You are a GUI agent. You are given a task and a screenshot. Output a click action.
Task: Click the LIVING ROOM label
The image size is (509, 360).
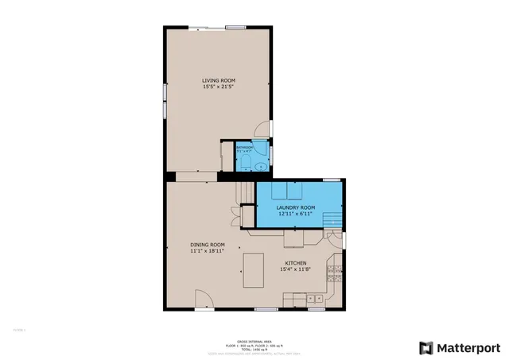click(216, 80)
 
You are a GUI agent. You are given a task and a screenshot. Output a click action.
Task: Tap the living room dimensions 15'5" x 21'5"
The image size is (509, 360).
click(216, 87)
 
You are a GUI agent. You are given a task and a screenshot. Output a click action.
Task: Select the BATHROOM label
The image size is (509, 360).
click(244, 147)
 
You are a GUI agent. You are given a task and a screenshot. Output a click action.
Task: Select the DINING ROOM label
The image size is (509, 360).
click(207, 245)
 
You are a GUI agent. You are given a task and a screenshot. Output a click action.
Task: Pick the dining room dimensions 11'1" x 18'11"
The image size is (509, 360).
click(207, 251)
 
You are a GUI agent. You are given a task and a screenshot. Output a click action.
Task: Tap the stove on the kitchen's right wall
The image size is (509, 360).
click(338, 274)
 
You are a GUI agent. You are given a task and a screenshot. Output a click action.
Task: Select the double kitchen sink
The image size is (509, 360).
click(315, 299)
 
